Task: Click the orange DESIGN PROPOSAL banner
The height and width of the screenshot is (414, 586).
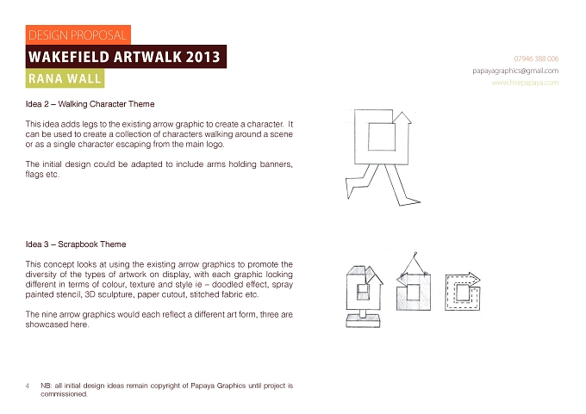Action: point(78,34)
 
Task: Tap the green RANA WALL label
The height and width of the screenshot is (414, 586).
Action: point(65,78)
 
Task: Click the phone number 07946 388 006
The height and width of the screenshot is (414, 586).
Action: point(536,59)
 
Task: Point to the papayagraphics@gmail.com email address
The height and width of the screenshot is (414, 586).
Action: point(515,71)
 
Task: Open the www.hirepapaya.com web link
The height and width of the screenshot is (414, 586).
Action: point(525,83)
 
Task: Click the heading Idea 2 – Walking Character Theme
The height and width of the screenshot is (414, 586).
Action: point(90,104)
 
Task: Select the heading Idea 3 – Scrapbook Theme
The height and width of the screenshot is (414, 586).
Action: point(76,244)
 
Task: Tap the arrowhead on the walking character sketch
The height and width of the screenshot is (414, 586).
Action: point(402,117)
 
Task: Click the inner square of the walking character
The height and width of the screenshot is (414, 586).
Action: point(382,137)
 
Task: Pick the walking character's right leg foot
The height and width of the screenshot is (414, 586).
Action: point(409,202)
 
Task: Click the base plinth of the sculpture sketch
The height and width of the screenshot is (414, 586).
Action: point(363,321)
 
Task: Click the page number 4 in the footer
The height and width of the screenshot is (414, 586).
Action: point(28,386)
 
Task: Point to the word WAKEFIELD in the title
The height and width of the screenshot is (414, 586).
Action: point(69,57)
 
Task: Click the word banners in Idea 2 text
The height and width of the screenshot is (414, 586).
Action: point(276,164)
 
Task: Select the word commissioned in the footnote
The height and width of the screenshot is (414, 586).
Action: point(64,394)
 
